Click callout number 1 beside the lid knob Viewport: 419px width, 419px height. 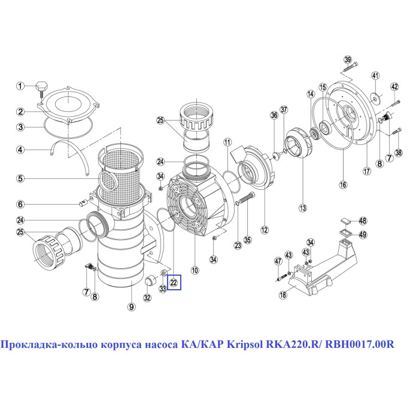[20, 86]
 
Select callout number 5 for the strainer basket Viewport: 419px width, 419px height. [20, 178]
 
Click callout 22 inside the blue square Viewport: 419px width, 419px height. [174, 283]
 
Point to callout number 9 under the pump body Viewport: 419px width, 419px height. [131, 307]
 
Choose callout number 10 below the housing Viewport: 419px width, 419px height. [195, 270]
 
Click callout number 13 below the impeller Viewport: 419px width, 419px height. [303, 208]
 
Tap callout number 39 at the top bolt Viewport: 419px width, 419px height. [348, 59]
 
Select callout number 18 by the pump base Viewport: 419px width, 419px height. [283, 294]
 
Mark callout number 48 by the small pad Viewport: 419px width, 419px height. [363, 221]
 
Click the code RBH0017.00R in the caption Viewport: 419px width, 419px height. [360, 344]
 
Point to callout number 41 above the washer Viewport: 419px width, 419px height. [375, 75]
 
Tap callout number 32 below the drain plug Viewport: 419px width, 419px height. [147, 297]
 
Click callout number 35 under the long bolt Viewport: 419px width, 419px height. [248, 239]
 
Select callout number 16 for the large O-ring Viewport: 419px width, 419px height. [343, 184]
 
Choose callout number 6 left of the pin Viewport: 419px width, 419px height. [20, 205]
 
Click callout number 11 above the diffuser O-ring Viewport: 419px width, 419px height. [227, 142]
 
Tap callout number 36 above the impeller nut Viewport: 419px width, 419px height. [274, 116]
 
